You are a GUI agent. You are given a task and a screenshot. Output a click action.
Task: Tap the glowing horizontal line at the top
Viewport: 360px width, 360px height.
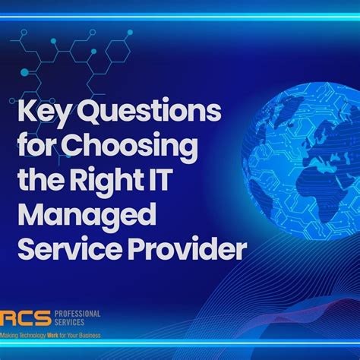tap(180, 16)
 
